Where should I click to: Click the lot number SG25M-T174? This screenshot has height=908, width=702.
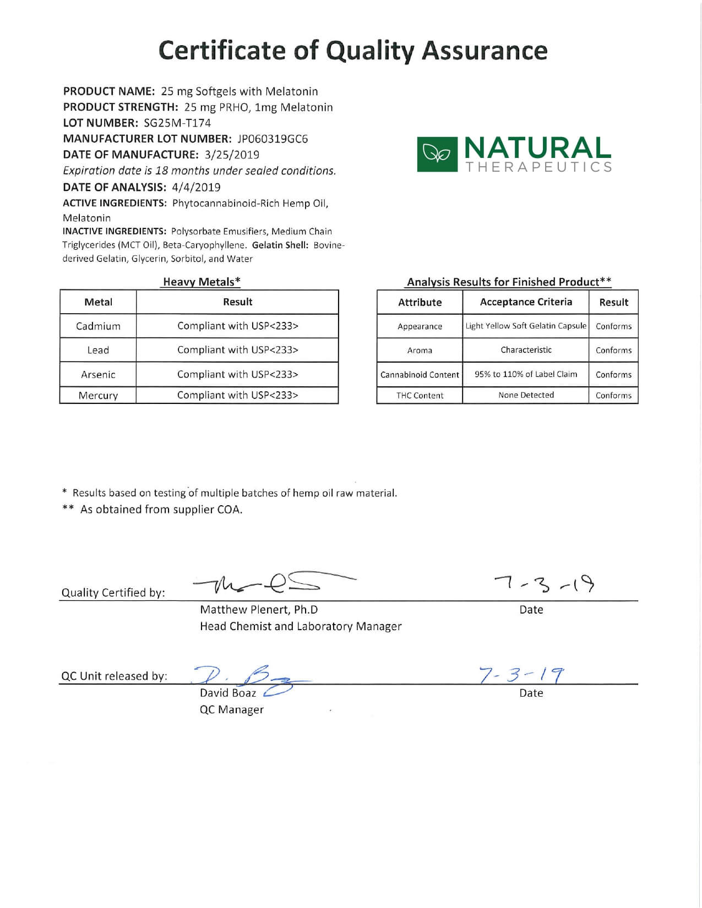coord(177,123)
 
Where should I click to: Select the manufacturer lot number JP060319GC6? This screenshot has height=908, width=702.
coord(273,139)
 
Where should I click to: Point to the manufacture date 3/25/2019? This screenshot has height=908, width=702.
coord(231,155)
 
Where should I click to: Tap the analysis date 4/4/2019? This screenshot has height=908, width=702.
coord(196,188)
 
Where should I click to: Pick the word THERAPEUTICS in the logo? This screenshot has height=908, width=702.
coord(538,167)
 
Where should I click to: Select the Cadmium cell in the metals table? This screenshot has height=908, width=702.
coord(98,326)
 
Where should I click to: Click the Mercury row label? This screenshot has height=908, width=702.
coord(98,396)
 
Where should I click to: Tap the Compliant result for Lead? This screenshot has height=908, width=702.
coord(237,350)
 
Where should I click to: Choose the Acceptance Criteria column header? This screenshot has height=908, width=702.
coord(526,302)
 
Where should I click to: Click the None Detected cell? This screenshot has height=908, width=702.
coord(526,395)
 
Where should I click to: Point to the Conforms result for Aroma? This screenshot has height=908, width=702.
coord(613,351)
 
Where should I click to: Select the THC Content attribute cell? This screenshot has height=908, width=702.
coord(420,396)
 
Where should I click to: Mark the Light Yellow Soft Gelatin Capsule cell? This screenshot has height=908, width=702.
coord(526,326)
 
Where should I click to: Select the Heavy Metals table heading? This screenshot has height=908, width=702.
coord(202,282)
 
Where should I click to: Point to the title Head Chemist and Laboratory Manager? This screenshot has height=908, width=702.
coord(301,627)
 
